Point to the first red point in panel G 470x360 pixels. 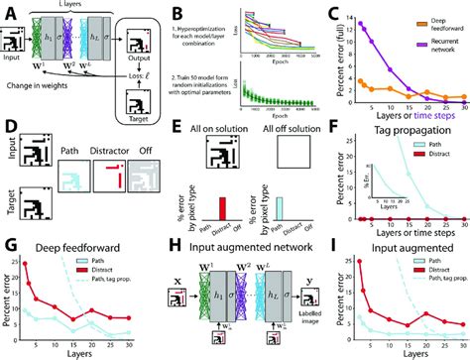(27, 264)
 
